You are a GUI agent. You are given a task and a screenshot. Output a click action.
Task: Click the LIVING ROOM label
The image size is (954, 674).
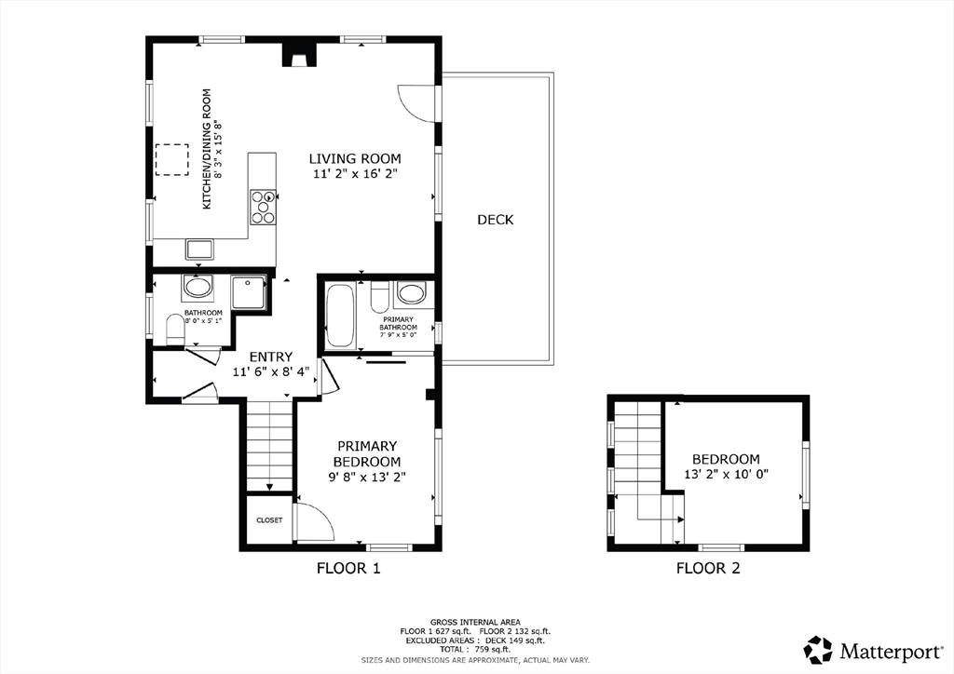click(x=355, y=159)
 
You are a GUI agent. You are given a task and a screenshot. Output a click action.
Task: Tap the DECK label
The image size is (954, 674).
click(x=496, y=220)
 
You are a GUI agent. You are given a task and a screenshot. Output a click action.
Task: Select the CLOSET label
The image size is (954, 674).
click(x=269, y=520)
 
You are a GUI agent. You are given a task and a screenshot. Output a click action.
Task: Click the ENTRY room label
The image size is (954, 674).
click(x=271, y=357)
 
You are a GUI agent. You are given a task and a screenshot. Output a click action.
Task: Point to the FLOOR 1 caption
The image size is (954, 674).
click(x=348, y=568)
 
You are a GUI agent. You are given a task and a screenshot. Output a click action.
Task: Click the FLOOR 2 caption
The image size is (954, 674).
click(x=708, y=568)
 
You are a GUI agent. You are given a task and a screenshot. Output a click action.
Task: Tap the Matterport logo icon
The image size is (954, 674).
click(x=818, y=649)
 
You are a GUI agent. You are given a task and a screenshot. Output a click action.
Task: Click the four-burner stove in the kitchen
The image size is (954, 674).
click(x=263, y=208)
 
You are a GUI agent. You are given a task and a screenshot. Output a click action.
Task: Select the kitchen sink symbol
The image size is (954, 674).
click(x=199, y=249)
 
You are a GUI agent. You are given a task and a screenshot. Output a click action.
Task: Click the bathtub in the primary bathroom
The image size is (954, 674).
click(x=340, y=316)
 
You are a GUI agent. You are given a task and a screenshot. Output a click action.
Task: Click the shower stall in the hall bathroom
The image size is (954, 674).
click(x=248, y=291)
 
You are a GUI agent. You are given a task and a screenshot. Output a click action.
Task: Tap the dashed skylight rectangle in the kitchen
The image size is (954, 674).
click(x=172, y=160)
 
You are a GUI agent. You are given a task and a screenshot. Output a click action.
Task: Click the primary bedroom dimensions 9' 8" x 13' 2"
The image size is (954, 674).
click(x=367, y=477)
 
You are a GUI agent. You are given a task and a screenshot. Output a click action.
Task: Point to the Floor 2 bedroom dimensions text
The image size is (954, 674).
click(x=727, y=474)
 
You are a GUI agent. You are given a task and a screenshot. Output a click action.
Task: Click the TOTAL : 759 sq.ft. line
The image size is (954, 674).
click(x=475, y=649)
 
